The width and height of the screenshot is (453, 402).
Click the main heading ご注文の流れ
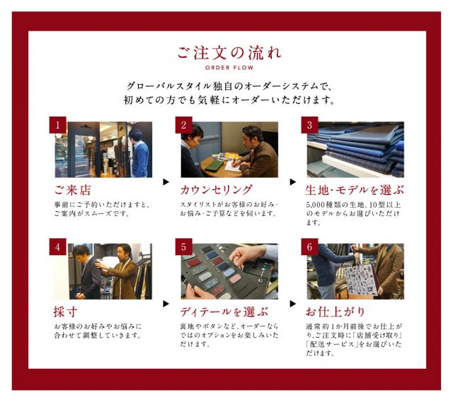pyautogui.click(x=229, y=53)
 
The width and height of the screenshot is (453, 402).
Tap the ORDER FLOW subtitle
pyautogui.click(x=229, y=68)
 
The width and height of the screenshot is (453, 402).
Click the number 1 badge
pyautogui.click(x=58, y=125)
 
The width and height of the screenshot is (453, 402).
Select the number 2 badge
pyautogui.click(x=184, y=125)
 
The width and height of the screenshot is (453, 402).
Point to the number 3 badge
pyautogui.click(x=310, y=125)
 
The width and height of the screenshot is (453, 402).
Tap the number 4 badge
pyautogui.click(x=58, y=247)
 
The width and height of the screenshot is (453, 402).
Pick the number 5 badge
pyautogui.click(x=184, y=247)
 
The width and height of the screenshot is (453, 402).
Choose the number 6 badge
pyautogui.click(x=310, y=247)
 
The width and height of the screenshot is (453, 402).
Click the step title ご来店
pyautogui.click(x=72, y=190)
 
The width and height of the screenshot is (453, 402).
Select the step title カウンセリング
pyautogui.click(x=217, y=190)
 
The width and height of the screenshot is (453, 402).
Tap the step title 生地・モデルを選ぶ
pyautogui.click(x=355, y=190)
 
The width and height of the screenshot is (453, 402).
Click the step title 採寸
pyautogui.click(x=65, y=312)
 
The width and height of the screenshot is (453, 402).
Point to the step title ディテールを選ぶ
pyautogui.click(x=224, y=312)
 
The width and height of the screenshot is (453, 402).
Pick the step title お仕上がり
pyautogui.click(x=336, y=312)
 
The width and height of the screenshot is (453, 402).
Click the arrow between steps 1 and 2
pyautogui.click(x=166, y=182)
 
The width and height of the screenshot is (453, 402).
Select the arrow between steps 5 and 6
pyautogui.click(x=292, y=304)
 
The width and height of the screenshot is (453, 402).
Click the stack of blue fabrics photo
pyautogui.click(x=355, y=149)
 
